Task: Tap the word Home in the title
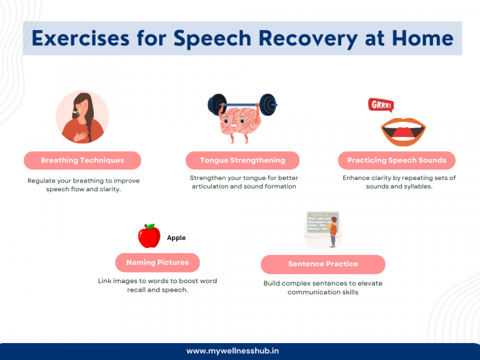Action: [423, 38]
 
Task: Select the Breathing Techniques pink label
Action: [82, 161]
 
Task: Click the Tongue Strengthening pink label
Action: [242, 161]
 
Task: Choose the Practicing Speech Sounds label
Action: [396, 161]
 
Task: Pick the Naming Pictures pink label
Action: [157, 262]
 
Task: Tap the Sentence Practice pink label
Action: [322, 264]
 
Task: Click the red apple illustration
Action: [149, 237]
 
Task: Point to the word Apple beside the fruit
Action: [176, 238]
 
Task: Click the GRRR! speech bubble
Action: [381, 105]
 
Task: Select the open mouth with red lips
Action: [403, 130]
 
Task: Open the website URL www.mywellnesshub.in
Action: [240, 351]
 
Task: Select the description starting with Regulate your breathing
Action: [83, 184]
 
